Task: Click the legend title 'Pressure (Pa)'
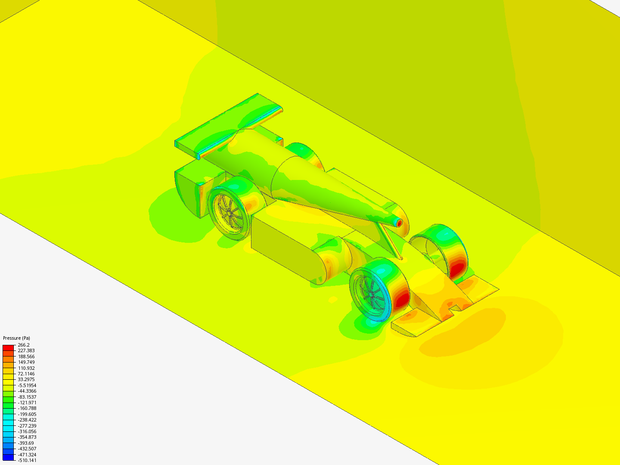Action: click(16, 338)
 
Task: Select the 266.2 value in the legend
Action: click(24, 345)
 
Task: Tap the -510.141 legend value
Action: click(27, 460)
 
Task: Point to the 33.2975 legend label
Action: click(26, 379)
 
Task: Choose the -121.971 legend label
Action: click(27, 403)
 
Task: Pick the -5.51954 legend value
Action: click(27, 385)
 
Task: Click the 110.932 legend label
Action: click(26, 368)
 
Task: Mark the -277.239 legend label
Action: click(27, 426)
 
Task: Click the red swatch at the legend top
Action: click(8, 347)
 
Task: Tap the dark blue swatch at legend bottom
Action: click(8, 457)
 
